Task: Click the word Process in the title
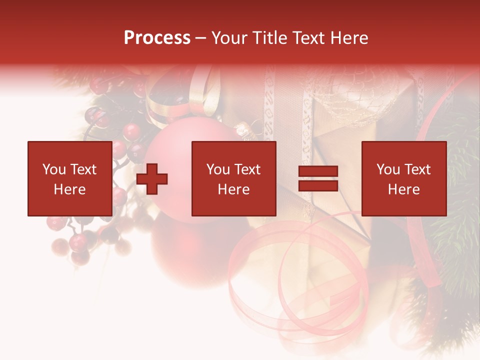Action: point(157,38)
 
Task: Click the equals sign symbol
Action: point(318,179)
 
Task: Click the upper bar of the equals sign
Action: point(318,172)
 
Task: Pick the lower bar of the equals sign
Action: point(318,186)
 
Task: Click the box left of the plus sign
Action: point(70,178)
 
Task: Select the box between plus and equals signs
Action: point(234,178)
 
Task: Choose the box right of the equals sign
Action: point(404,178)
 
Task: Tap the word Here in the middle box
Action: point(234,189)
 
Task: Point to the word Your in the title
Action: point(228,38)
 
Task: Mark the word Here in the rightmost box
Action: point(404,189)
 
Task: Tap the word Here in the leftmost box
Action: point(70,189)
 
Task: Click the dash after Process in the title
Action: point(200,38)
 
